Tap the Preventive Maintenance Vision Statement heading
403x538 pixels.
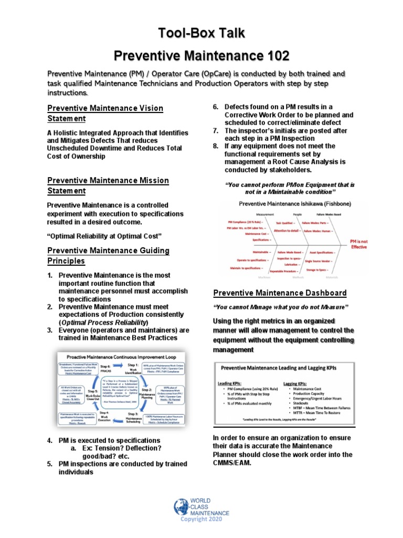click(x=105, y=113)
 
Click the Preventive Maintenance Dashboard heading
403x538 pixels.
click(x=280, y=293)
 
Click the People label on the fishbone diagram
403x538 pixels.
click(x=297, y=215)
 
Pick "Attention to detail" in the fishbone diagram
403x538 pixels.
click(x=287, y=231)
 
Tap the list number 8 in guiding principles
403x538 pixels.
click(x=216, y=146)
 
